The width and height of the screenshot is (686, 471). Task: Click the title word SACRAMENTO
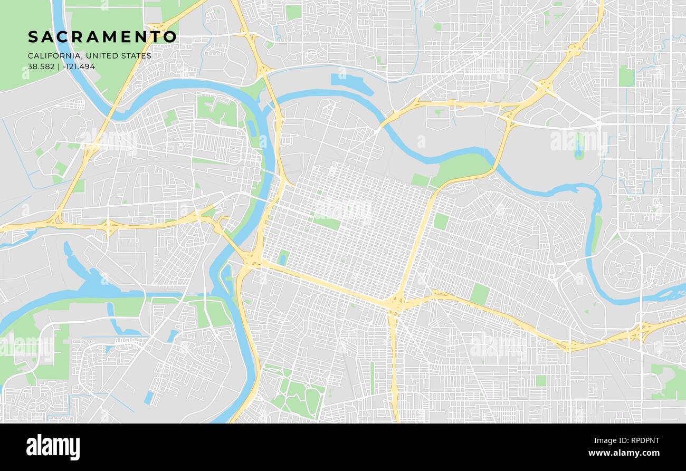coord(102,37)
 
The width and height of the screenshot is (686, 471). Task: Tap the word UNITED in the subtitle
coord(100,56)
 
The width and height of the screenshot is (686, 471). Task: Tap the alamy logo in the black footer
coord(53,447)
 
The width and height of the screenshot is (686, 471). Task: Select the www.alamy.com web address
coord(626,453)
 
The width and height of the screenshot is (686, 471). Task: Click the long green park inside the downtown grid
coord(327,223)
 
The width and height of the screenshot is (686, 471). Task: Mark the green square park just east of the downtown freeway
coord(440,222)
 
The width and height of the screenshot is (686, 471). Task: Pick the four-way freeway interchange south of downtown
coord(394,304)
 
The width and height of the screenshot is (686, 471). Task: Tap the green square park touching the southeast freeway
coord(480,294)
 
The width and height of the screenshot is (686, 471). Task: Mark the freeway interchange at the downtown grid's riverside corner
coord(252,260)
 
